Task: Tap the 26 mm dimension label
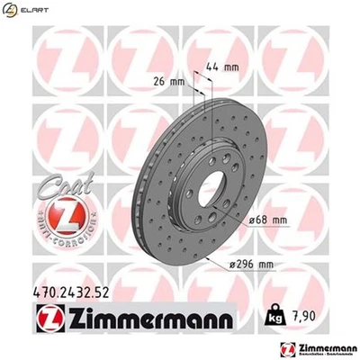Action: point(168,82)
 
